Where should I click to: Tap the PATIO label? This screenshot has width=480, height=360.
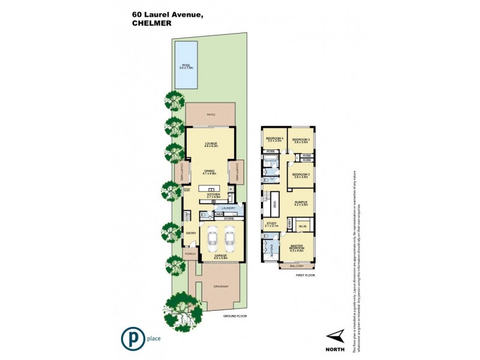point(211,114)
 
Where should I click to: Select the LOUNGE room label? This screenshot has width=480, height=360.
point(210,143)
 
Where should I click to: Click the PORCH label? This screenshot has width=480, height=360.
point(191,254)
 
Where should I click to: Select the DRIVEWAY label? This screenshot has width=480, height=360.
point(220,287)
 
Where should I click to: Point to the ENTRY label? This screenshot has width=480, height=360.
point(191,233)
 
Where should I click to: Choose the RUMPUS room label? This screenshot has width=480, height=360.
point(301,203)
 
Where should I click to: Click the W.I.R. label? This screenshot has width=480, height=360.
point(302,227)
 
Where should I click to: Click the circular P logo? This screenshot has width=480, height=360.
point(130,339)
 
